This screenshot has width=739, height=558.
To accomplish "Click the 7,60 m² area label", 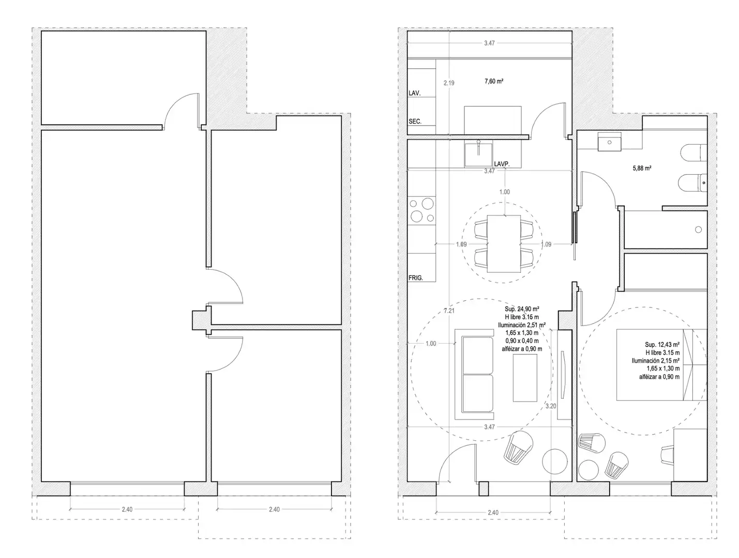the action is [494, 81].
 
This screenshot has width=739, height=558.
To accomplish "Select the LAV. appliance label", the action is [414, 93].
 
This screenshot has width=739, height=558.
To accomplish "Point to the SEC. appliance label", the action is [415, 121].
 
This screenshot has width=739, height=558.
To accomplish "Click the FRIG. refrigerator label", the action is [415, 278].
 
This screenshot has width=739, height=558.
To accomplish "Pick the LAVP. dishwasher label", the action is [502, 164].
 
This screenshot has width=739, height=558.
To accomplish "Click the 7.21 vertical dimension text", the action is [449, 311].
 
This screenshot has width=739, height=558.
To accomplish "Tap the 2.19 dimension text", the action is [449, 83].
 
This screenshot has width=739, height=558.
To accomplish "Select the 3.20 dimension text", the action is [551, 406].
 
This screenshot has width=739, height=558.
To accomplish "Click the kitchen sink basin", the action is [478, 154].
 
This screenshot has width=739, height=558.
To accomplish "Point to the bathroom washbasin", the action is [609, 142].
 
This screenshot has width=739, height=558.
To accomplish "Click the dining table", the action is [504, 244].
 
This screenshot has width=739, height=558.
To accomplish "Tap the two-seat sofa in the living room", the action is [474, 374].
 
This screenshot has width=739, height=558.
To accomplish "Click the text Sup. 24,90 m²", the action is [522, 309].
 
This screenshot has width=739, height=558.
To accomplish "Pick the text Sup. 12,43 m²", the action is [662, 345].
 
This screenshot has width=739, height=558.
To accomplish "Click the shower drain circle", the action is [698, 229].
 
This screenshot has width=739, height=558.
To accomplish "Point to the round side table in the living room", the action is [555, 461].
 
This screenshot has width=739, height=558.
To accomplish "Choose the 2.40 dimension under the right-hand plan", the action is [493, 513].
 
